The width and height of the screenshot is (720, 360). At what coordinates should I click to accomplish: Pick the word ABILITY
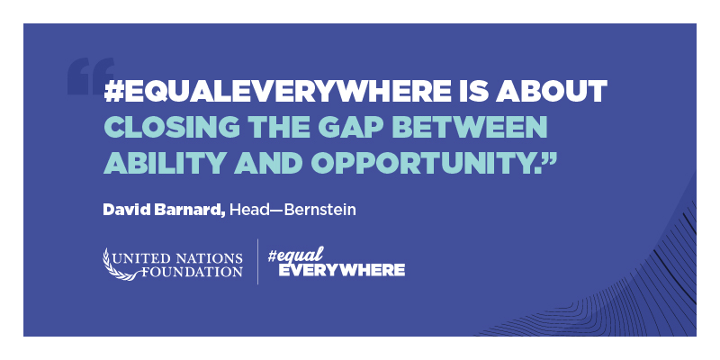164,163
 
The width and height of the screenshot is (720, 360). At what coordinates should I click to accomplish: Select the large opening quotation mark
91,76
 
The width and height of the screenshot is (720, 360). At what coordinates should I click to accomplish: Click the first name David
121,211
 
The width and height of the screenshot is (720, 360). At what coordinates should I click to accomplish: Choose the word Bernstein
319,211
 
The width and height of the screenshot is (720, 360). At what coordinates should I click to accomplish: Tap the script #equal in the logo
295,255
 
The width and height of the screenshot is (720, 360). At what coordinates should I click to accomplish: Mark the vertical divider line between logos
257,262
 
